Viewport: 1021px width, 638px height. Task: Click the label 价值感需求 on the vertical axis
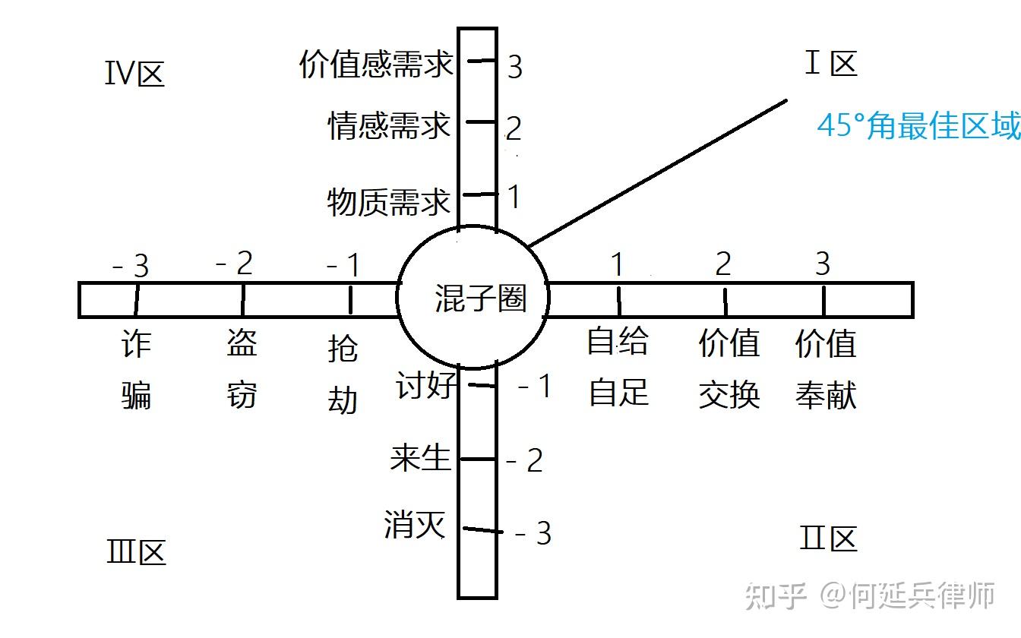[376, 65]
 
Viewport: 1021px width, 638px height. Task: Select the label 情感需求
[389, 126]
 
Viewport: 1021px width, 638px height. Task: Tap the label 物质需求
[389, 202]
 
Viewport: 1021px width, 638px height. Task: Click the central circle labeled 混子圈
[473, 298]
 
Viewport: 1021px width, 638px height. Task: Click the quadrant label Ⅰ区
[830, 64]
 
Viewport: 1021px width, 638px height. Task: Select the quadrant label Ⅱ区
[828, 539]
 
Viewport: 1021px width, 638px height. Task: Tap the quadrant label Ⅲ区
[136, 552]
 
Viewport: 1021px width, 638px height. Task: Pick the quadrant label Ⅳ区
[134, 74]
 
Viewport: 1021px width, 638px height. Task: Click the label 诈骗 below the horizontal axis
[137, 370]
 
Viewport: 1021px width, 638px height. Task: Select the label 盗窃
[242, 370]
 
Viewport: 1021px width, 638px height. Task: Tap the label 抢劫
[342, 375]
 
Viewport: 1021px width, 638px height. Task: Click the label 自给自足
[618, 368]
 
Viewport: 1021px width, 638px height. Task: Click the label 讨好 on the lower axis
[426, 386]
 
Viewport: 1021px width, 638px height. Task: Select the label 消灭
[415, 524]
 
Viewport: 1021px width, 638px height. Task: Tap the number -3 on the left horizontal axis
[131, 266]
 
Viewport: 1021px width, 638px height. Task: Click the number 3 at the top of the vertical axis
[515, 68]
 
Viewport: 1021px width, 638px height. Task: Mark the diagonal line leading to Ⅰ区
[658, 172]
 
